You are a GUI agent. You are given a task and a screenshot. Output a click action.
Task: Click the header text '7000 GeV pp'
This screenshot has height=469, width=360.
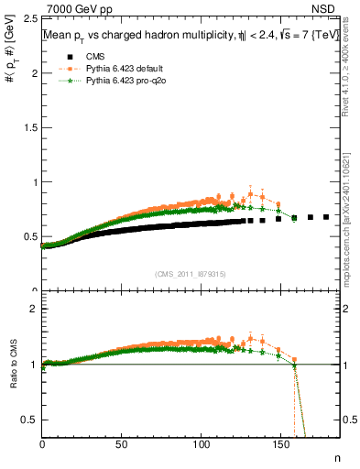[75, 9]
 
